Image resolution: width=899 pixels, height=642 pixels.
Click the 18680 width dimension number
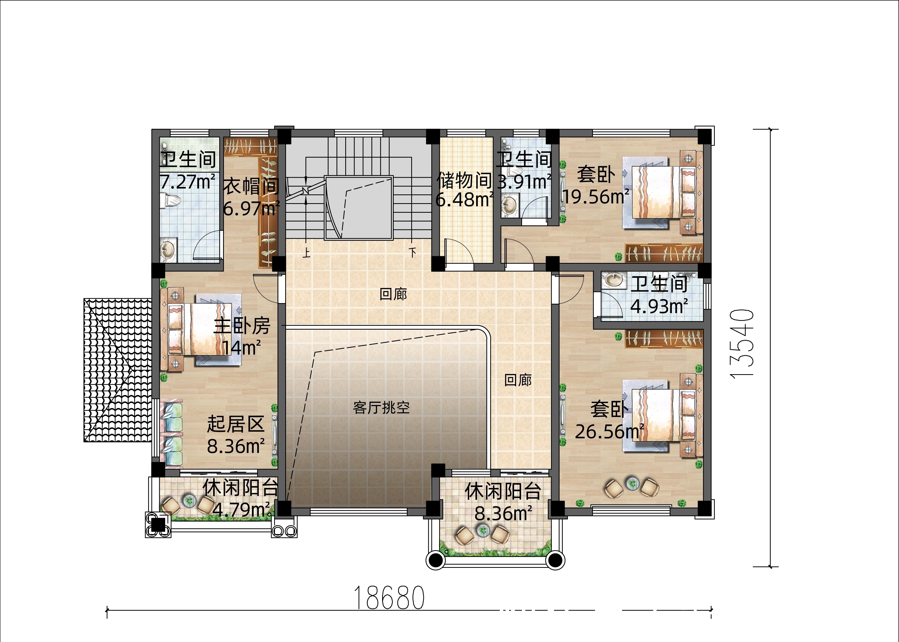389,598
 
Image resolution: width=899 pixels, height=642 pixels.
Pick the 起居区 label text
236,424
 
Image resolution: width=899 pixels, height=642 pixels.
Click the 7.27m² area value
188,182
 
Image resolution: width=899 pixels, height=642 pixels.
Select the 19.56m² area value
595,196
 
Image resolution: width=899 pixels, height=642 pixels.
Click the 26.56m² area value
609,432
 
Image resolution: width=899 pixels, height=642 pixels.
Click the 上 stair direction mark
307,252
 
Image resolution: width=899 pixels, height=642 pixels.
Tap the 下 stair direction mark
413,252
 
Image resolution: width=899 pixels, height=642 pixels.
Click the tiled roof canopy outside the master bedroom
118,370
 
